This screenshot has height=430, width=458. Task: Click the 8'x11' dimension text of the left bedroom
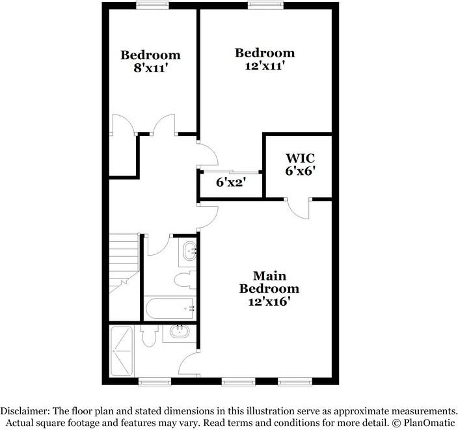pos(150,68)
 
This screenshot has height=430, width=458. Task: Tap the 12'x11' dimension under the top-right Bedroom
pos(265,66)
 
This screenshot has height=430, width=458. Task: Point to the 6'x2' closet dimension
pos(230,183)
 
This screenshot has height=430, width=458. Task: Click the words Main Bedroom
pos(269,281)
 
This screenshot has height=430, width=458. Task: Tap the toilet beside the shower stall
pos(148,337)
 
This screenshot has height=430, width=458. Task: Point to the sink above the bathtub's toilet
pos(189,250)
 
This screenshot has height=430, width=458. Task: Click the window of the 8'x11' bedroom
pos(150,6)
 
